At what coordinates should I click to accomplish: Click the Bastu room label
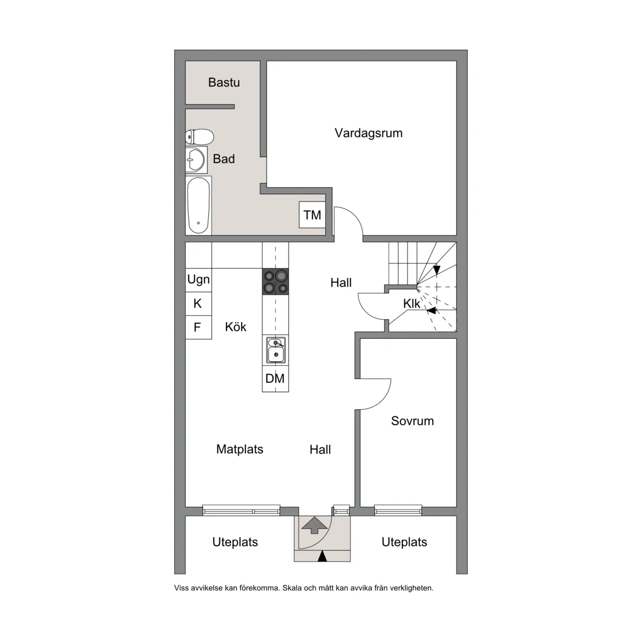point(224,83)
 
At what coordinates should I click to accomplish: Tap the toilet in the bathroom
point(200,137)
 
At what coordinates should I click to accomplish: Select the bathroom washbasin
point(196,160)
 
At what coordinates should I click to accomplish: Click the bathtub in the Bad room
point(199,205)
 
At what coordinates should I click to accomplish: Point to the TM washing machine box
point(312,215)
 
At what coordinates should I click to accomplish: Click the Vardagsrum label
point(368,133)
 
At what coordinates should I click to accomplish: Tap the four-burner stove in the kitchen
point(276,281)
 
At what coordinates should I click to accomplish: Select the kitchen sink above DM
point(276,350)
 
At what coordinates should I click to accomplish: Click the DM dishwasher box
point(275,378)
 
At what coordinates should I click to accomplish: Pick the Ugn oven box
point(198,280)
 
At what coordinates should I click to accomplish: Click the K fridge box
point(198,304)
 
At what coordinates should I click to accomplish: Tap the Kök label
point(236,327)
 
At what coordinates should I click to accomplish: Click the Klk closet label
point(412,304)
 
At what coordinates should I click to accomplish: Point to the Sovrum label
point(412,421)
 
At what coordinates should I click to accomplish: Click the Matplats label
point(239,449)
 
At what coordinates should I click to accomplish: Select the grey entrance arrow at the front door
point(314,525)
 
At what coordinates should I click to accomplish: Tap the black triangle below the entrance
point(322,556)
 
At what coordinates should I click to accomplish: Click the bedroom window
point(398,509)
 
